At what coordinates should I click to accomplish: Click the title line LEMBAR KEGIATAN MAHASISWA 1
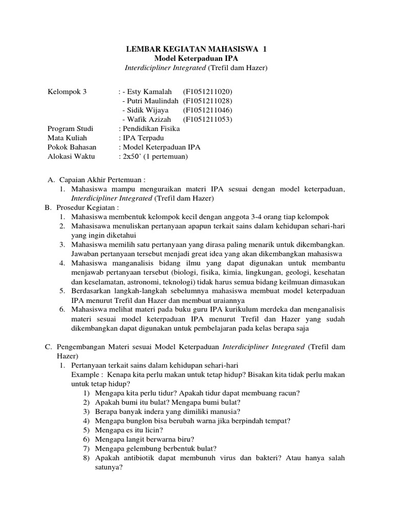(196, 49)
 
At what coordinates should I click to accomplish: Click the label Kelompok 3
(67, 92)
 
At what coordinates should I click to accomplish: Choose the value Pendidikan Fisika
(150, 128)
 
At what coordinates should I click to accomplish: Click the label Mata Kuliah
(67, 138)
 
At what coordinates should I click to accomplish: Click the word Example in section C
(87, 374)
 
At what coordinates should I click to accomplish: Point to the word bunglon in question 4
(137, 420)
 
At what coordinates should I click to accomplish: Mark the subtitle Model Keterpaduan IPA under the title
(196, 58)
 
